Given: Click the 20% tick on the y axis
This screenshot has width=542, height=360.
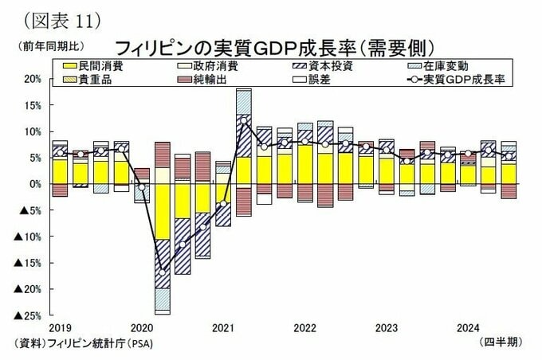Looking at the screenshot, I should (x=32, y=79).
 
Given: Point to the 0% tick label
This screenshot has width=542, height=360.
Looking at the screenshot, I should (x=34, y=184).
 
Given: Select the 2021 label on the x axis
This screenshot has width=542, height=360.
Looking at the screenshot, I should (x=222, y=327).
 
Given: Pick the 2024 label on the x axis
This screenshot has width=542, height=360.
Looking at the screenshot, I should (x=467, y=327).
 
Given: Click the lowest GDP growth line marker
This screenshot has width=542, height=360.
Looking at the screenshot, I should (x=163, y=272).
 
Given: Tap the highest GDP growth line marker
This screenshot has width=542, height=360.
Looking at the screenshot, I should (x=243, y=120).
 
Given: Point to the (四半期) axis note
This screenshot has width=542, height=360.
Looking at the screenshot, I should (x=502, y=342).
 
